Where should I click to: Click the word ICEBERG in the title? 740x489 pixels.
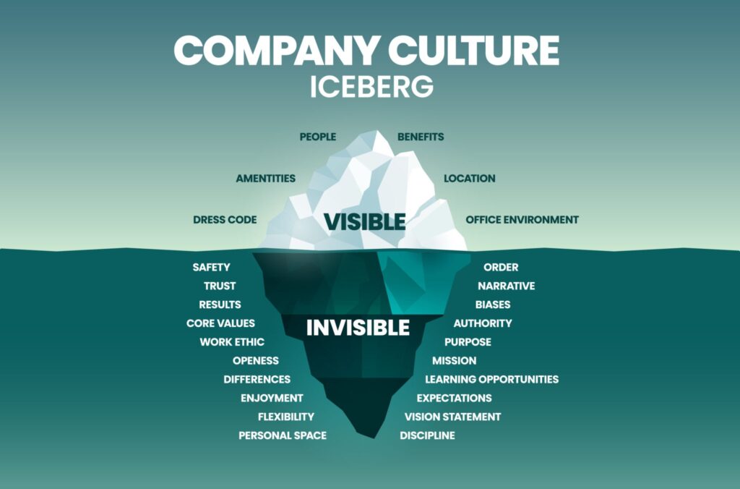pos(371,87)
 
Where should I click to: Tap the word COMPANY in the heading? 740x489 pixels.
pos(277,50)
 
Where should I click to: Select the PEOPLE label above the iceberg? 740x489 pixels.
pos(318,137)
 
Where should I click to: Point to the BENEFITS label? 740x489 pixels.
pos(421,137)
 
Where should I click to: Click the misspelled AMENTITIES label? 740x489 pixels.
pos(266,179)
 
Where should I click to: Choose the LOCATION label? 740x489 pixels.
pos(470,179)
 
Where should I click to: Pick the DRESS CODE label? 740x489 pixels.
pos(225,220)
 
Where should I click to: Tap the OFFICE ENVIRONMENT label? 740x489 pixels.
pos(522,220)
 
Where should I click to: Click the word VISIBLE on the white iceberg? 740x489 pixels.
pos(364,222)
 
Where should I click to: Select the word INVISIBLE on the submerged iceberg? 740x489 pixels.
pos(358,328)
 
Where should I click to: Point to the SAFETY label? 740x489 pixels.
pos(212,268)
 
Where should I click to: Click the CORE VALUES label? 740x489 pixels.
pos(220,323)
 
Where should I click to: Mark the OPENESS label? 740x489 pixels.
pos(255,360)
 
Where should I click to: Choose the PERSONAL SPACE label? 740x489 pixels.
pos(283,435)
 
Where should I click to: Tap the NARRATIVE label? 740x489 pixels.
pos(506,286)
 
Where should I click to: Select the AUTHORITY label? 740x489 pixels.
pos(482,323)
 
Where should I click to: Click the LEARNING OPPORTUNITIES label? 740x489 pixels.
pos(491,379)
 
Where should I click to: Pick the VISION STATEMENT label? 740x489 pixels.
pos(452,417)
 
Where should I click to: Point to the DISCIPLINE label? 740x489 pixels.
pos(427,435)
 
